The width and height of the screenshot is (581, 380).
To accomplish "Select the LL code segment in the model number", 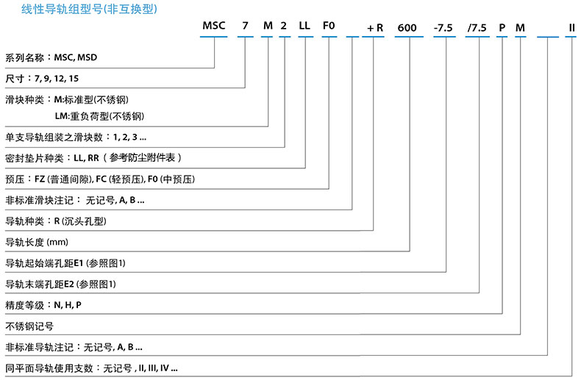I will coord(304,28).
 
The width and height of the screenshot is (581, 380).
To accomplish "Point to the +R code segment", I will coord(374,28).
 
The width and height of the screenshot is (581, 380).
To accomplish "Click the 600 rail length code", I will coord(407,28).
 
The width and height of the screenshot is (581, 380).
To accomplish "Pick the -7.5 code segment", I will coord(443,28).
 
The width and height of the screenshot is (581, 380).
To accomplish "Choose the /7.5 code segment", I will coord(477,28).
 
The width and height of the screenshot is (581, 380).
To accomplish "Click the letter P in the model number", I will coord(502,28).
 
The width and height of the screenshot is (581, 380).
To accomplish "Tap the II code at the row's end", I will coord(571,28).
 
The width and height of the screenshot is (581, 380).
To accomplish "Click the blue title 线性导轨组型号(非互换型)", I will coord(79,10).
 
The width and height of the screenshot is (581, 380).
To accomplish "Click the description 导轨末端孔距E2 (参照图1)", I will coord(61,283).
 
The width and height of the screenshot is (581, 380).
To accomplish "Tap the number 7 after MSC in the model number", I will coord(245,28).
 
